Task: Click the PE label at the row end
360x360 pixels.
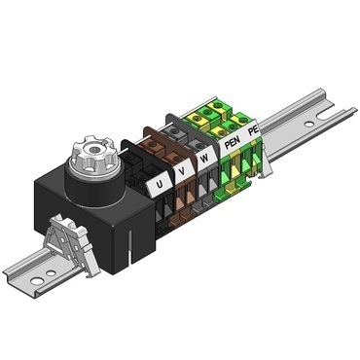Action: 253,129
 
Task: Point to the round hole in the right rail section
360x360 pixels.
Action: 309,126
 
